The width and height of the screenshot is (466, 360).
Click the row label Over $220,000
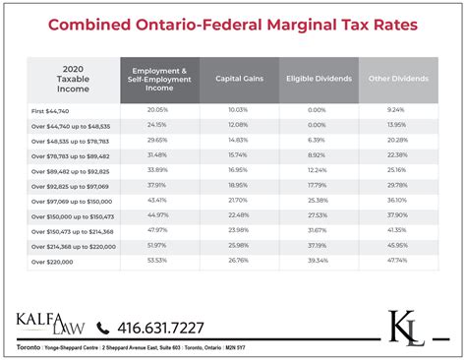tap(53, 261)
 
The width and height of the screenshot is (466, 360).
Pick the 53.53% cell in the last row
tap(158, 261)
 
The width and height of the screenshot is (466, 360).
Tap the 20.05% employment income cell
tap(158, 111)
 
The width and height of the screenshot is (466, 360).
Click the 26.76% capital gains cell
tap(238, 261)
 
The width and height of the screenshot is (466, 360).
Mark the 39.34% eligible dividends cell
tap(317, 261)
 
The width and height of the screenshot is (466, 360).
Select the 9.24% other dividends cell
tap(397, 111)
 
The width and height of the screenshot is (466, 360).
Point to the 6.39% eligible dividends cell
tap(317, 140)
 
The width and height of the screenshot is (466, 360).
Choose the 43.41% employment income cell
tap(158, 200)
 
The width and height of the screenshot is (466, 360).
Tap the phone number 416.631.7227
tap(161, 328)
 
